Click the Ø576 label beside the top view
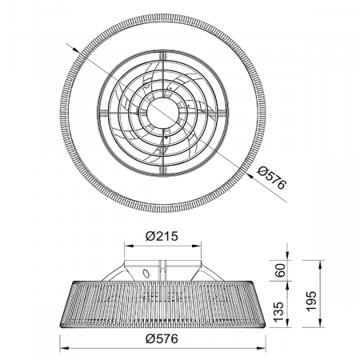tap(272, 178)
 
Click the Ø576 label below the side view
tap(162, 339)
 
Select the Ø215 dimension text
tap(162, 236)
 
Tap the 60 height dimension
tap(280, 270)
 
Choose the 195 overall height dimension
tap(311, 301)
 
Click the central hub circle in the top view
tap(163, 113)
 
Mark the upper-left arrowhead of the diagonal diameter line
tap(74, 49)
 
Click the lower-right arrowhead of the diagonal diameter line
tap(250, 175)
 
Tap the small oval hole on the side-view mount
tap(146, 274)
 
